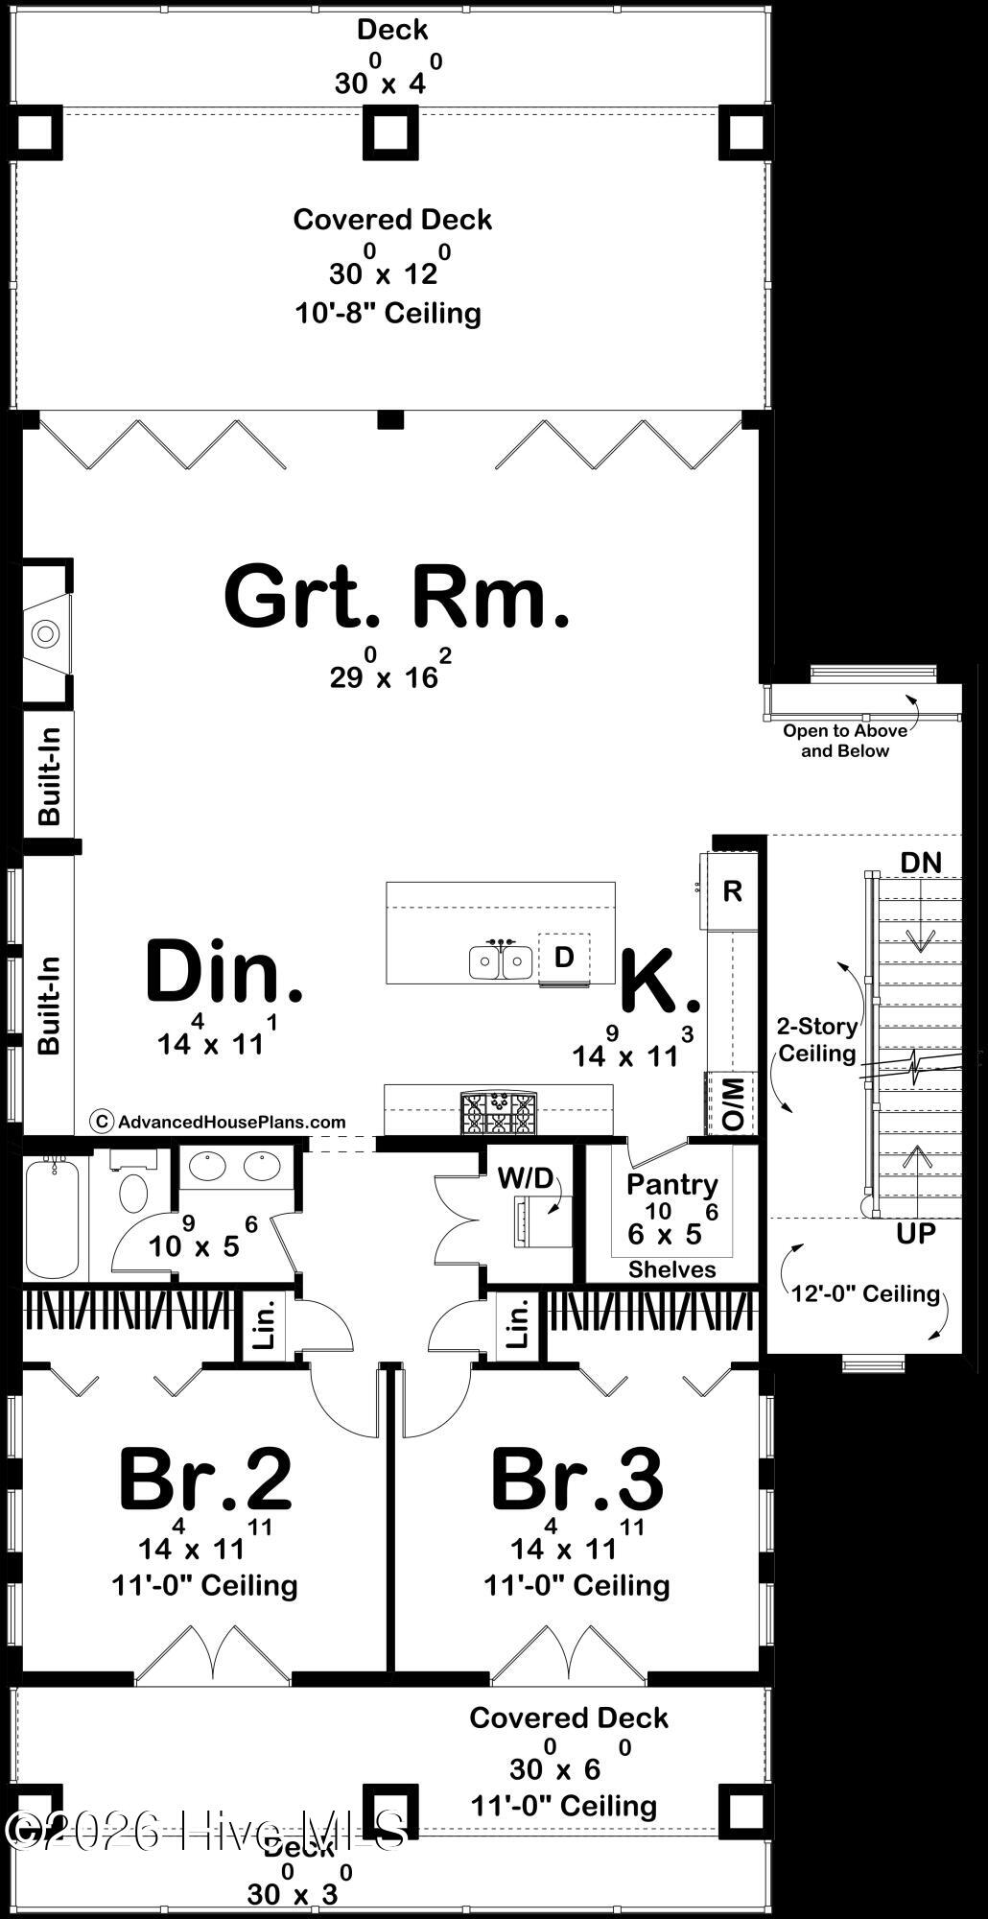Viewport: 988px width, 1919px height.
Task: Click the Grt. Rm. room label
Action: click(396, 597)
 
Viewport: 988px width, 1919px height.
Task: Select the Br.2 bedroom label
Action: click(204, 1480)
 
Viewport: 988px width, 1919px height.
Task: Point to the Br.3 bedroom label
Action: click(576, 1480)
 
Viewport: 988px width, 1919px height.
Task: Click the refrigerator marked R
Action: click(732, 891)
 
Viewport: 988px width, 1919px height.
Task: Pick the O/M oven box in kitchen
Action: click(733, 1103)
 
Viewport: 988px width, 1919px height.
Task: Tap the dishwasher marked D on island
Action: click(564, 957)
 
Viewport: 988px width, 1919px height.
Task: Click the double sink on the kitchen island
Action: click(501, 960)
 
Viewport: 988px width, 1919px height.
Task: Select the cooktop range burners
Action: click(498, 1113)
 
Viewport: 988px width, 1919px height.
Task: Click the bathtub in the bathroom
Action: click(53, 1219)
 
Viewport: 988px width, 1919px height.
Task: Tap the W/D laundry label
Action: click(525, 1177)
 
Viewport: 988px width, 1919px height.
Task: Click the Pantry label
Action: click(671, 1185)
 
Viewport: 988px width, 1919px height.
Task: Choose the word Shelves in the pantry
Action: click(671, 1269)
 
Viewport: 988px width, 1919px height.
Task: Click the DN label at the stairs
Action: click(920, 863)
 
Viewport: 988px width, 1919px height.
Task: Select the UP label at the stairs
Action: click(915, 1233)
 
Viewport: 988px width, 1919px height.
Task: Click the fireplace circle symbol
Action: click(44, 633)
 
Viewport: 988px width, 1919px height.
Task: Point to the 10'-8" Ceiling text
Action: click(388, 313)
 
